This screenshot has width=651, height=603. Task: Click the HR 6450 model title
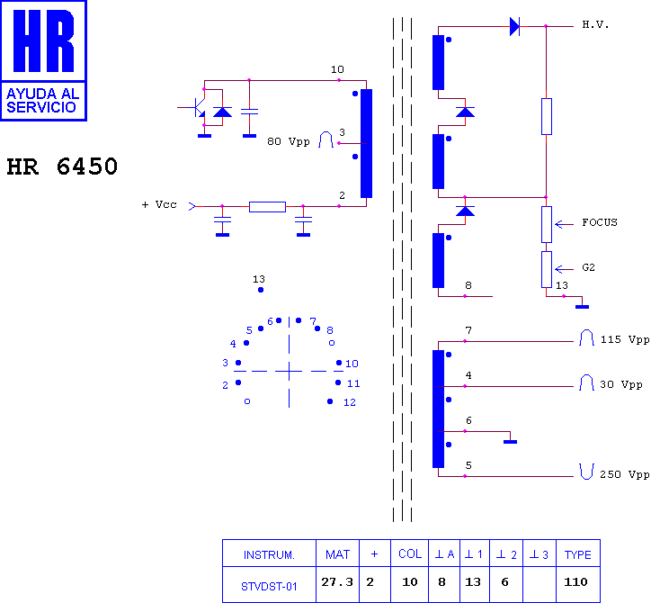pos(62,166)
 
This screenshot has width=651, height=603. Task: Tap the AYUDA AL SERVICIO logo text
pos(43,101)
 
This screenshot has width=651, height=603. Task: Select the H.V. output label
pos(595,25)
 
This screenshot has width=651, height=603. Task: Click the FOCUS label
pos(600,222)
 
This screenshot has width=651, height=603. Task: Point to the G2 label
pos(588,267)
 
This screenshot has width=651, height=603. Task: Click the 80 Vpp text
pos(289,141)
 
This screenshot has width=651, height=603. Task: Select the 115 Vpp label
pos(625,339)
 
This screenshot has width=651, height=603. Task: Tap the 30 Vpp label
pos(621,385)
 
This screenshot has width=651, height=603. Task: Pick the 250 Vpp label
pos(624,474)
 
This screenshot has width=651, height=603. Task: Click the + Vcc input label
pos(159,204)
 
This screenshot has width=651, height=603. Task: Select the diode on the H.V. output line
pos(515,27)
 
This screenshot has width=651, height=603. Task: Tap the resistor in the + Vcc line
pos(267,206)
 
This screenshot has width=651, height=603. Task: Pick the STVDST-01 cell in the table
pos(269,584)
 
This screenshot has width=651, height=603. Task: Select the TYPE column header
pos(578,553)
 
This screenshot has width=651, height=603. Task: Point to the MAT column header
pos(337,553)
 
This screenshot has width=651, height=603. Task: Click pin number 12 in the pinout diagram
pos(350,402)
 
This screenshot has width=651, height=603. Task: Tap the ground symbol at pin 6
pos(510,441)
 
